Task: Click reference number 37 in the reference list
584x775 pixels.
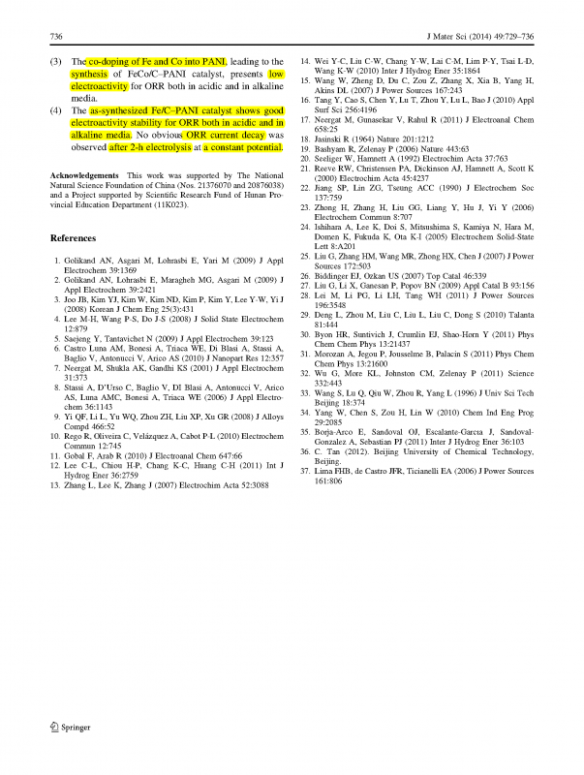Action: pyautogui.click(x=307, y=471)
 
